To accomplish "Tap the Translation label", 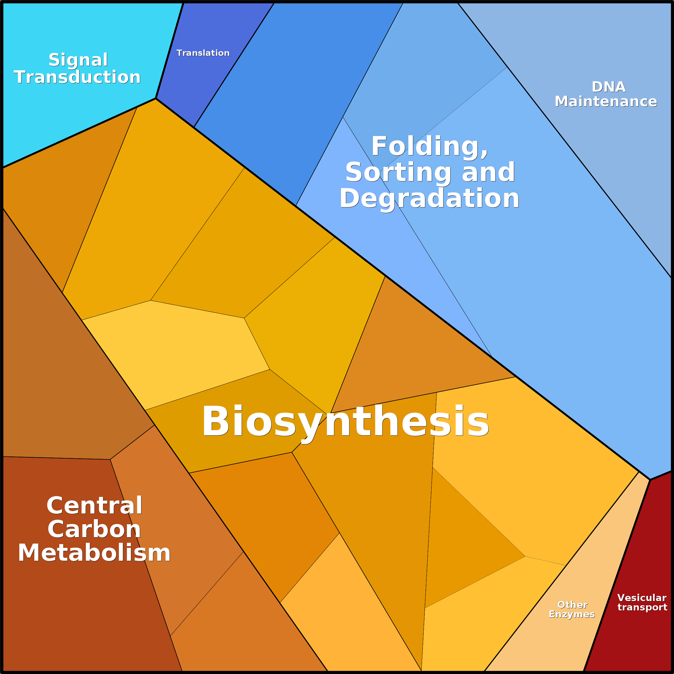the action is (x=203, y=53).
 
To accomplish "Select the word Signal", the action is (x=78, y=60).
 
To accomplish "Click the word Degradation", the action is (x=430, y=199).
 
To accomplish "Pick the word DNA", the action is (x=609, y=87).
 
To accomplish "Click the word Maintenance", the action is (x=606, y=101).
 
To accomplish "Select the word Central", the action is (x=94, y=506).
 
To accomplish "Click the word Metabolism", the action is (x=94, y=553).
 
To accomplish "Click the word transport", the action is (x=642, y=607).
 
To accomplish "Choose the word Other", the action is (x=573, y=605).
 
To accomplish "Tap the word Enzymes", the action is (x=572, y=614).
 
